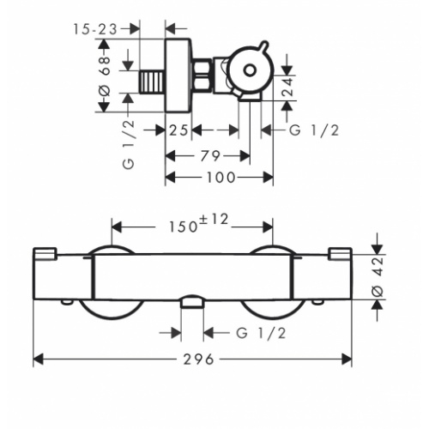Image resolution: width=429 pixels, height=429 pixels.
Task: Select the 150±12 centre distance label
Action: [194, 225]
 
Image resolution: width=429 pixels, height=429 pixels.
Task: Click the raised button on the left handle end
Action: [45, 252]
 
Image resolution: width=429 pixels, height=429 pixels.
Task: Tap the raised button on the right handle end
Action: [340, 252]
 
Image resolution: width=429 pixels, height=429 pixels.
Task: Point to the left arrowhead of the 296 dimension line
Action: [37, 358]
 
